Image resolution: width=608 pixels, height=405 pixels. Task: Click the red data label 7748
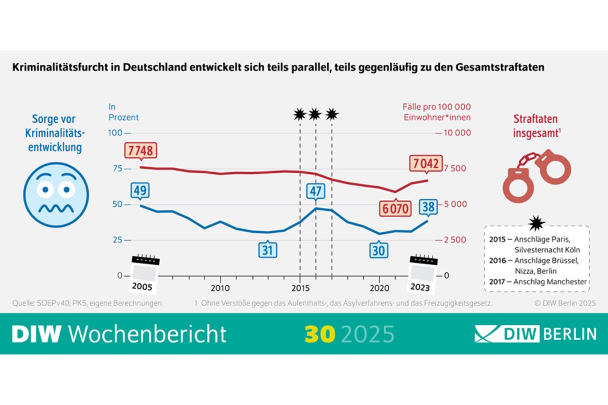[x=140, y=152]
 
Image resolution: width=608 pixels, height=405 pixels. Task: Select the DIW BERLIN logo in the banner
[x=535, y=333]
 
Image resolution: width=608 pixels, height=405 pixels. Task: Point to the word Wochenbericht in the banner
[x=148, y=334]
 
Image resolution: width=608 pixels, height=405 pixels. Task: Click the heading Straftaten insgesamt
[x=536, y=126]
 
